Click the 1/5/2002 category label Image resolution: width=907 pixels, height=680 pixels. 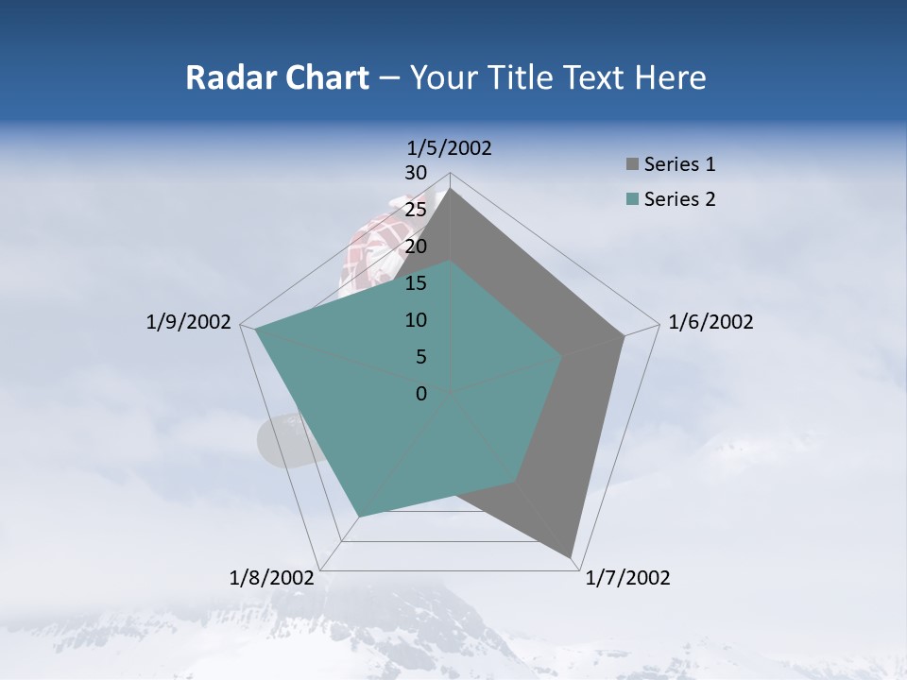pos(449,147)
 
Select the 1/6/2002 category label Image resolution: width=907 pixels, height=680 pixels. pos(710,322)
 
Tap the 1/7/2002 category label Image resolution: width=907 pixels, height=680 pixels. pos(627,578)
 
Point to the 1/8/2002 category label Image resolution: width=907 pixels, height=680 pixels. pos(272,578)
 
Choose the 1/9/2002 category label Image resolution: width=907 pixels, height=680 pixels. pos(188,322)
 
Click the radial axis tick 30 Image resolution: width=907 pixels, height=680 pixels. pos(415,173)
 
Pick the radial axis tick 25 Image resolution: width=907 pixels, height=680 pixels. pos(415,210)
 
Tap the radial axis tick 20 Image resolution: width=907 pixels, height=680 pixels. pos(415,246)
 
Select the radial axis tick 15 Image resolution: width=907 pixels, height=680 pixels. pos(415,283)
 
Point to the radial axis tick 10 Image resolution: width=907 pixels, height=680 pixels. pos(415,320)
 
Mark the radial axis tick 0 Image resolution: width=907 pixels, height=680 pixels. pos(420,394)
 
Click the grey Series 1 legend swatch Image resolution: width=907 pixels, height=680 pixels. pos(632,165)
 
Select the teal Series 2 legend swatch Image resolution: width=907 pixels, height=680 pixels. pos(632,199)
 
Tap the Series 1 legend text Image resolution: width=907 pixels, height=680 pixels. pos(679,164)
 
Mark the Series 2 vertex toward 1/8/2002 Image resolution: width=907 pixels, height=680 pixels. pos(359,516)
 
